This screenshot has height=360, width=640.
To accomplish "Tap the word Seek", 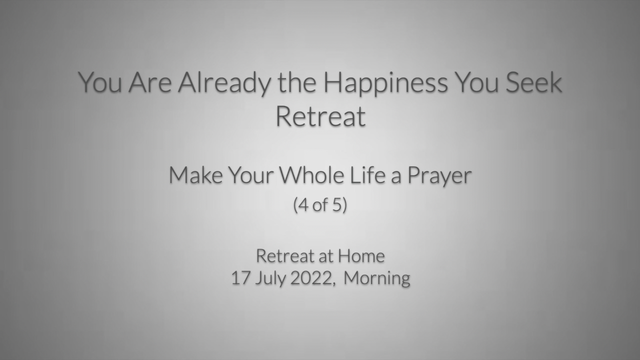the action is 533,82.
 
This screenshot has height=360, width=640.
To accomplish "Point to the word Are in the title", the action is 150,82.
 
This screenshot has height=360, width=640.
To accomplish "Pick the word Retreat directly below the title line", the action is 320,116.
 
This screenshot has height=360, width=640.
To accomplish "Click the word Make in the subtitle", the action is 196,175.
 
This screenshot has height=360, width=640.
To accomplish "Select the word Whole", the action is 311,175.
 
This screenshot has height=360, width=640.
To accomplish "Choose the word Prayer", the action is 439,176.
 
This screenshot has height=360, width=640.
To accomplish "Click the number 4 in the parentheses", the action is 303,205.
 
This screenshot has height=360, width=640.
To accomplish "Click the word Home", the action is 361,255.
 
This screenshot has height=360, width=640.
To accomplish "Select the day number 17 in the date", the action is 240,278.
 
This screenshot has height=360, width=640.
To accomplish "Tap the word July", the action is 270,278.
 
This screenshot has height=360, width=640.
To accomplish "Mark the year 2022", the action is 310,278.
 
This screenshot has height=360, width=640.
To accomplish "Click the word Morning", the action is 377,278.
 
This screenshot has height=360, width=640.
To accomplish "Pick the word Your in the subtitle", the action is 251,175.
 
